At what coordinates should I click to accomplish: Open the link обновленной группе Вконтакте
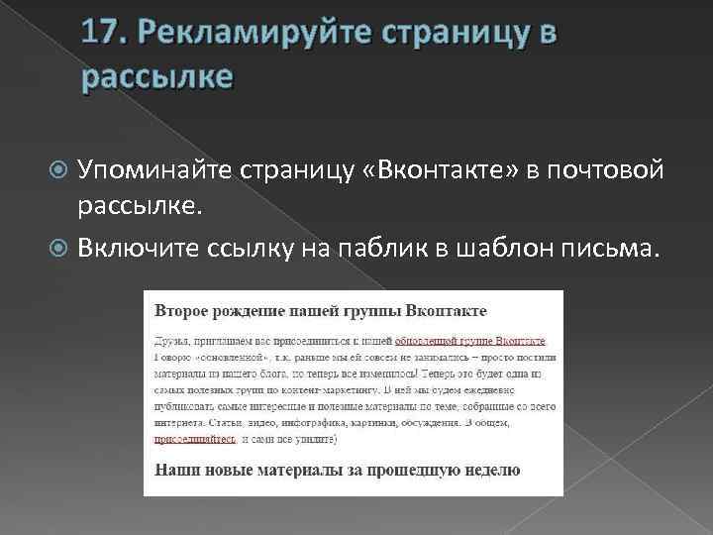[x=470, y=341]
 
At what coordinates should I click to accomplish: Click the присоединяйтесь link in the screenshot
[x=194, y=438]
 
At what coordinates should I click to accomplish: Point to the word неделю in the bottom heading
[x=486, y=470]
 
